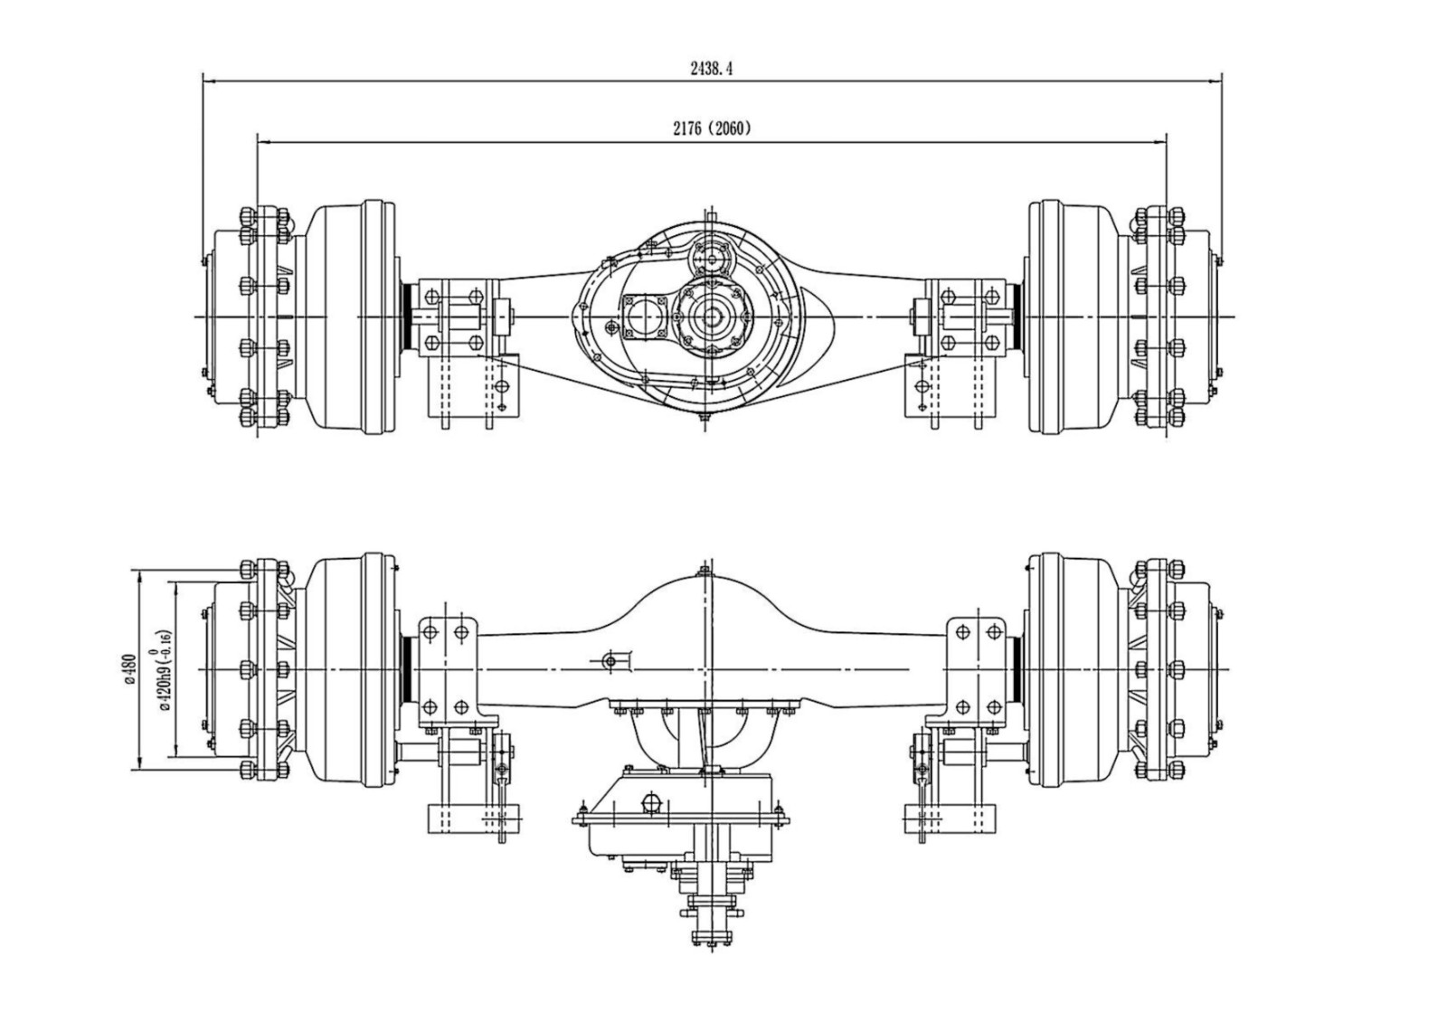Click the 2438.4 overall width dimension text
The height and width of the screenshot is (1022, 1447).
click(x=711, y=69)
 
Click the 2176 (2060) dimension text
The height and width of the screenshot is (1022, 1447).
click(x=711, y=128)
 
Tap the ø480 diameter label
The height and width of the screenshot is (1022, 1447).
click(x=129, y=669)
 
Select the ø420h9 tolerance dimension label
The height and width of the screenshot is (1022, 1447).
click(x=163, y=669)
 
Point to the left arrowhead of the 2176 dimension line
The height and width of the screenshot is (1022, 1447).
click(x=262, y=141)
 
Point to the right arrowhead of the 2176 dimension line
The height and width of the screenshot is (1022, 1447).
click(x=1162, y=141)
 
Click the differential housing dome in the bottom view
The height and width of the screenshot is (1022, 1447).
click(x=704, y=615)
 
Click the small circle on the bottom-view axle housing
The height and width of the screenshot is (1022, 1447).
click(x=610, y=661)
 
